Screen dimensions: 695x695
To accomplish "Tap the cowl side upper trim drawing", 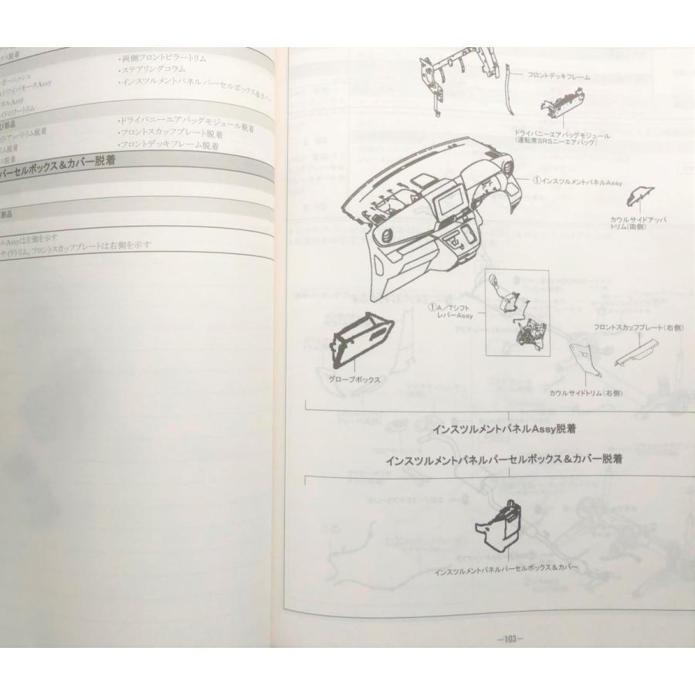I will click(x=639, y=196).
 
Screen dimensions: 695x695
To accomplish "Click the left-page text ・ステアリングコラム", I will click(x=152, y=69).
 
